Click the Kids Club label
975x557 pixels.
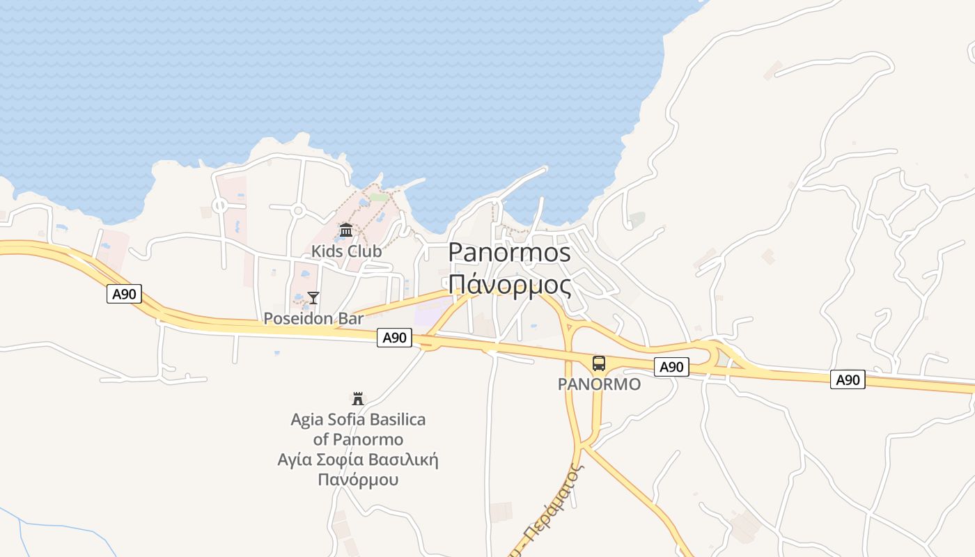click(346, 251)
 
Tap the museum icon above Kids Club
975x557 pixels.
click(346, 230)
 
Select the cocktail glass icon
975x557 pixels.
click(313, 298)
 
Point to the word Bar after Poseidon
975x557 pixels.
click(351, 319)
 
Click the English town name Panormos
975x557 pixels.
click(509, 253)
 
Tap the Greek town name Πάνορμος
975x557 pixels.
click(509, 284)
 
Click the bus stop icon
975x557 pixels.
click(599, 363)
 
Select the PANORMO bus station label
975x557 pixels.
click(599, 384)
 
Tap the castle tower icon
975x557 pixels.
click(358, 399)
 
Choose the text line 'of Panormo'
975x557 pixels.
click(358, 439)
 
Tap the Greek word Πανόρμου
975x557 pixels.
click(358, 480)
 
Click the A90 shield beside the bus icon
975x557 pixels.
click(671, 367)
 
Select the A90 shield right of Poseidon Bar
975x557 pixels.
click(394, 338)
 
